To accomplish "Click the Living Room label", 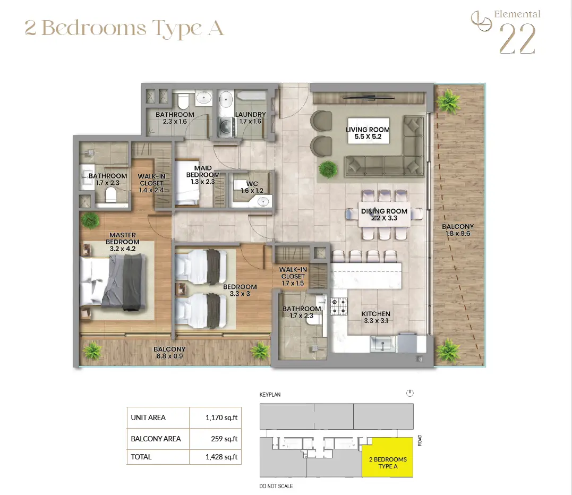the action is click(x=368, y=133).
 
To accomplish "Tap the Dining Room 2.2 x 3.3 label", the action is click(x=384, y=215).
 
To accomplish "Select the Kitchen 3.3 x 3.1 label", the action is click(x=376, y=317).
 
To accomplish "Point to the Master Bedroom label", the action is click(x=123, y=242).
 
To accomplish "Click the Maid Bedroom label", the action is click(x=203, y=175).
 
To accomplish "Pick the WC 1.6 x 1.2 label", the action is click(x=252, y=187).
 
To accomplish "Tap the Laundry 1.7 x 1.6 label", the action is click(x=250, y=118).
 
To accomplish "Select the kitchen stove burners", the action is click(x=339, y=306).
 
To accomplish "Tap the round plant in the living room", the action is click(x=328, y=169).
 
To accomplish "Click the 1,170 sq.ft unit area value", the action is click(x=221, y=417).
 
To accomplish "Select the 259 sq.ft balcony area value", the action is click(x=224, y=439).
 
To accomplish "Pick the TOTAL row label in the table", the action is click(x=141, y=457).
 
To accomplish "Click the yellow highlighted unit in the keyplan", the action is click(x=387, y=457).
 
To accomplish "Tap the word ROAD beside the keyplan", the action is click(x=420, y=440).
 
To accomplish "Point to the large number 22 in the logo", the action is click(x=517, y=39).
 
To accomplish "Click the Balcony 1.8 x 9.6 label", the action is click(x=458, y=230).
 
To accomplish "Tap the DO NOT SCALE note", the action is click(x=276, y=486).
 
